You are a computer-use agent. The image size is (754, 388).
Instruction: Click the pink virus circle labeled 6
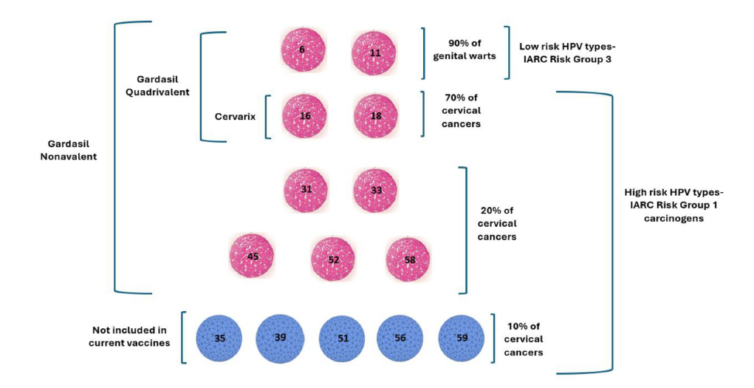302,50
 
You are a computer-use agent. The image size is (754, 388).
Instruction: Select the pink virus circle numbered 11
375,52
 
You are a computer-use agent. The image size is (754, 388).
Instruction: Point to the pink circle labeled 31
305,190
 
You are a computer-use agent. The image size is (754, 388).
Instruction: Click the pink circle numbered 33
375,190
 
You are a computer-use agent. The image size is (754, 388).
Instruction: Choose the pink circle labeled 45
252,256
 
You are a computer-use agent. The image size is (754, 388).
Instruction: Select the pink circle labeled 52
333,259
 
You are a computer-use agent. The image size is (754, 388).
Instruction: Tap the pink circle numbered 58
408,259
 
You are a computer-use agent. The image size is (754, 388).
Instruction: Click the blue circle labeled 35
219,338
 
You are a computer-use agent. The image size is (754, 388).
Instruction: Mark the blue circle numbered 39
279,338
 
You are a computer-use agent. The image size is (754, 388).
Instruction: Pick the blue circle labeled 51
342,338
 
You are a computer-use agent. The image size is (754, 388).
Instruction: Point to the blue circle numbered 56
400,338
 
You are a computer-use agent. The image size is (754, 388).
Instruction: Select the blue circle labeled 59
461,338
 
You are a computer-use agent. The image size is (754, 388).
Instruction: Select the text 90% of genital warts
466,50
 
